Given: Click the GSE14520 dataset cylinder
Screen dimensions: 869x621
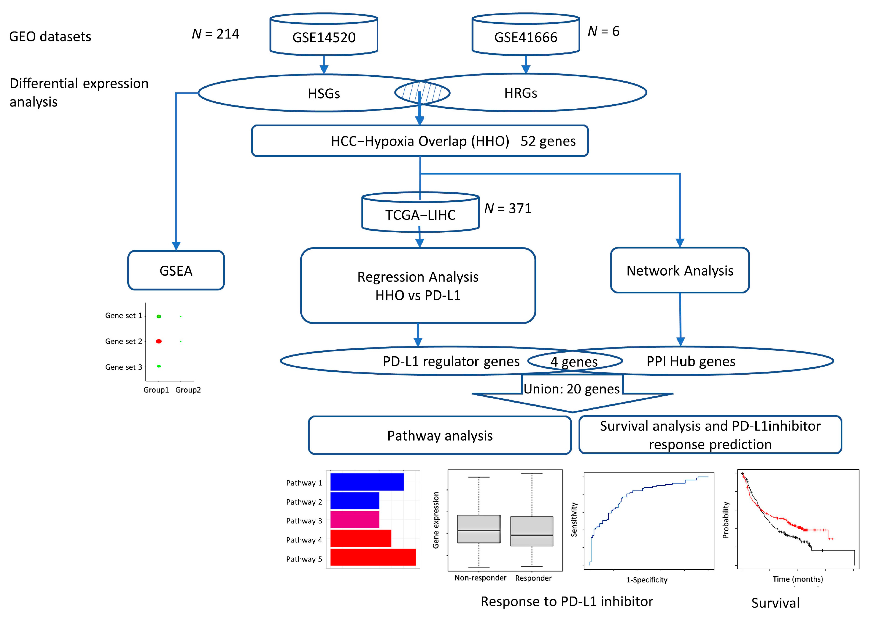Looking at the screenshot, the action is (x=324, y=34).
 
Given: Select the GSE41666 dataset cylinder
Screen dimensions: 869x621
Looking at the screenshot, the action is (x=526, y=34).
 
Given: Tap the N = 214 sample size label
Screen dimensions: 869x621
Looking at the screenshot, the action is (x=216, y=34).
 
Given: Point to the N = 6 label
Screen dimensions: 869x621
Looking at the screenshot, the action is (x=604, y=31).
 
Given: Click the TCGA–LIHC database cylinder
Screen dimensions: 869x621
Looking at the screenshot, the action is (x=420, y=212).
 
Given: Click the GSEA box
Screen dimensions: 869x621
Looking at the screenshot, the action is (x=176, y=270).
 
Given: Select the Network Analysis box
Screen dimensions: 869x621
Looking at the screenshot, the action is (x=680, y=270).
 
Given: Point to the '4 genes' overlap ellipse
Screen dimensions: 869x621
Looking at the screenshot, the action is (x=574, y=361).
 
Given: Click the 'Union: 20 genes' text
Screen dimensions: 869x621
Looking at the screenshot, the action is (x=572, y=389).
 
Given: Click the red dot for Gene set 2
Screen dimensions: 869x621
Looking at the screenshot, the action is (x=159, y=341).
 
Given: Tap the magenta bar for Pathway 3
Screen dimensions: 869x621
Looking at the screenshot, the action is (x=355, y=520).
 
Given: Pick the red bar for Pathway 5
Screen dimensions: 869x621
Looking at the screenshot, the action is (x=373, y=557).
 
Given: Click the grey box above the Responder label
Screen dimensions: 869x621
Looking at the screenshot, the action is (x=532, y=531).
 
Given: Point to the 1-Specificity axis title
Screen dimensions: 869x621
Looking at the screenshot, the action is (x=647, y=580).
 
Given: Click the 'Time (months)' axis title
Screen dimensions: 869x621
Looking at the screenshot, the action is (x=798, y=579).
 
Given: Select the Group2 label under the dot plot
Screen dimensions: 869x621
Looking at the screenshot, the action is (x=188, y=390).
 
